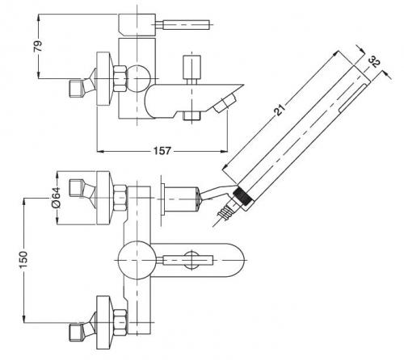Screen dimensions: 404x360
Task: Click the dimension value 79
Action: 38,46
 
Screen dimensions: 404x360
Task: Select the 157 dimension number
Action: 162,151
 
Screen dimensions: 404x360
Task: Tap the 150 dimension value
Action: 23,259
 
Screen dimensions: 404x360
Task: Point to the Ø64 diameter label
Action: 57,198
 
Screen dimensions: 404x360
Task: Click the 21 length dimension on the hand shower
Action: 279,110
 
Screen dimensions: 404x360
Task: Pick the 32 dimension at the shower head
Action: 374,61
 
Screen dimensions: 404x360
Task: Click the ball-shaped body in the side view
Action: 137,78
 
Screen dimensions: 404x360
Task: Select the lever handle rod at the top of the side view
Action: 183,25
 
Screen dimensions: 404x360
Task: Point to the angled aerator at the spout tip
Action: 225,103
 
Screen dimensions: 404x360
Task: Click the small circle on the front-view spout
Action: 191,260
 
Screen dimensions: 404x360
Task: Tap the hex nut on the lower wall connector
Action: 120,323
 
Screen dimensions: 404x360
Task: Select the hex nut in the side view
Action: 120,78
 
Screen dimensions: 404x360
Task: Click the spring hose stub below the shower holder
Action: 224,211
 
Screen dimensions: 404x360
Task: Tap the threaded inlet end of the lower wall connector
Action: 76,333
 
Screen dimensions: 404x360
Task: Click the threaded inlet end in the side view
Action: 76,89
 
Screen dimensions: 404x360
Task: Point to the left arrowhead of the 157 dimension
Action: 100,151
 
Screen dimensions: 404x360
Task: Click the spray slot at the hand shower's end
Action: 352,98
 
